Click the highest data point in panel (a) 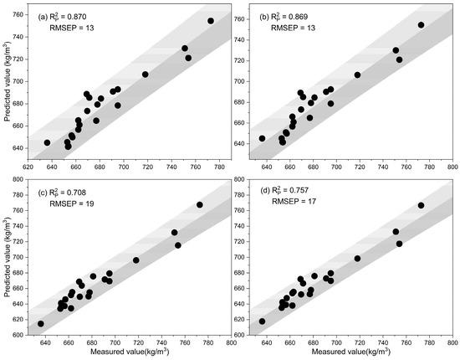(x=211, y=21)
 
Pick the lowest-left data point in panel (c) (x=40, y=324)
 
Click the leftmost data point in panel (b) (x=262, y=139)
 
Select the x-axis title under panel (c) (x=125, y=355)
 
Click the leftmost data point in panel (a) (x=48, y=142)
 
